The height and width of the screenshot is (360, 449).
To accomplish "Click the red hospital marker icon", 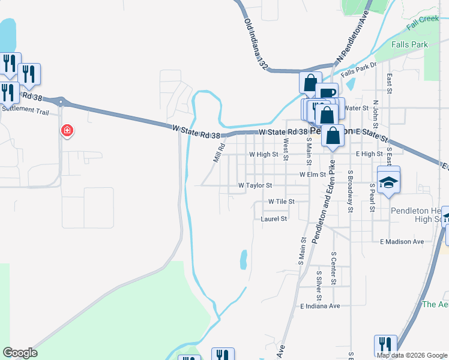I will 67,130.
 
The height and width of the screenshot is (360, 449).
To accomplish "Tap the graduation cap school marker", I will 388,181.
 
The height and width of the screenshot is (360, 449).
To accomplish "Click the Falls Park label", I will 409,44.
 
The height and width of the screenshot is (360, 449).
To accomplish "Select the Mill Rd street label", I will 219,152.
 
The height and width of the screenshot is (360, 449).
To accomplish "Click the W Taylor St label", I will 255,186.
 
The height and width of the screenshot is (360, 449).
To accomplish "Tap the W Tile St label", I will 282,202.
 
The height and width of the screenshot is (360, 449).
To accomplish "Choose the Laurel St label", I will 274,219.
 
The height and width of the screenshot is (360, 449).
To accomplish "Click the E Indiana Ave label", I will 320,306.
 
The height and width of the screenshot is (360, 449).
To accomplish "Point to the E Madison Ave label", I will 402,242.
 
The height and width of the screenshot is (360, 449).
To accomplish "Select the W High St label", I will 264,154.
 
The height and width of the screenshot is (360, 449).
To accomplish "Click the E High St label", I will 369,154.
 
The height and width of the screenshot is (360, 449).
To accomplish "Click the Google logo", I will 20,353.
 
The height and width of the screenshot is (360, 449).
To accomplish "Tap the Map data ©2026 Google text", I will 412,355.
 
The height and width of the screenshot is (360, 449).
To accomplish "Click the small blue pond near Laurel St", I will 243,260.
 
